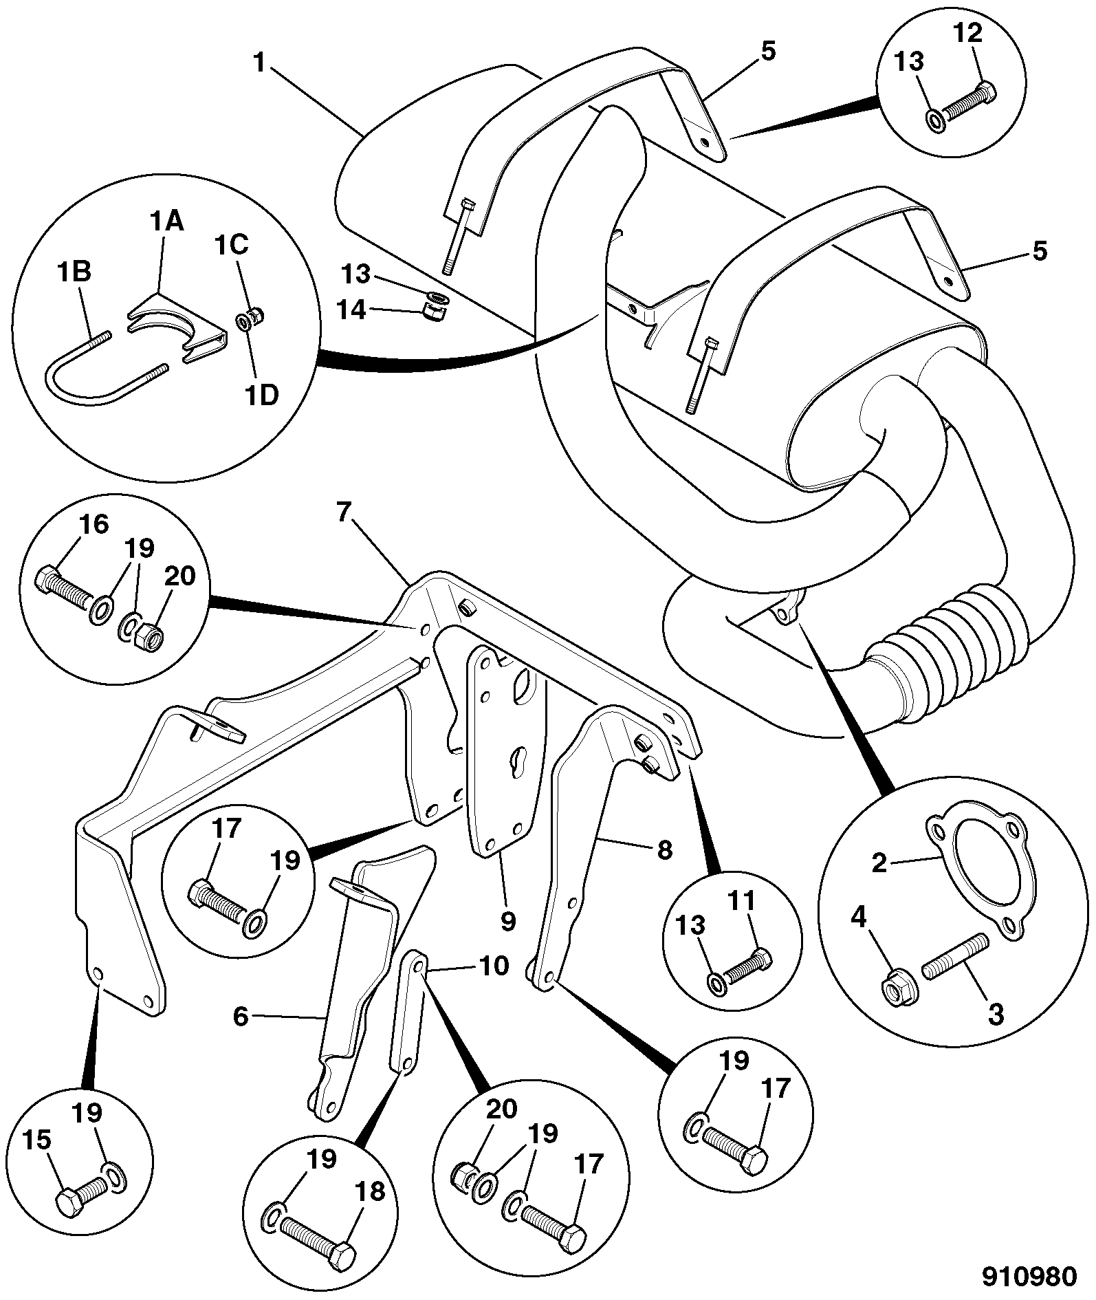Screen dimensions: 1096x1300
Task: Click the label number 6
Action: tap(240, 1015)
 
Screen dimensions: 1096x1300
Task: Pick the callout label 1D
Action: tap(261, 396)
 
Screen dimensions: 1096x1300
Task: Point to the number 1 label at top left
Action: tap(259, 63)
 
